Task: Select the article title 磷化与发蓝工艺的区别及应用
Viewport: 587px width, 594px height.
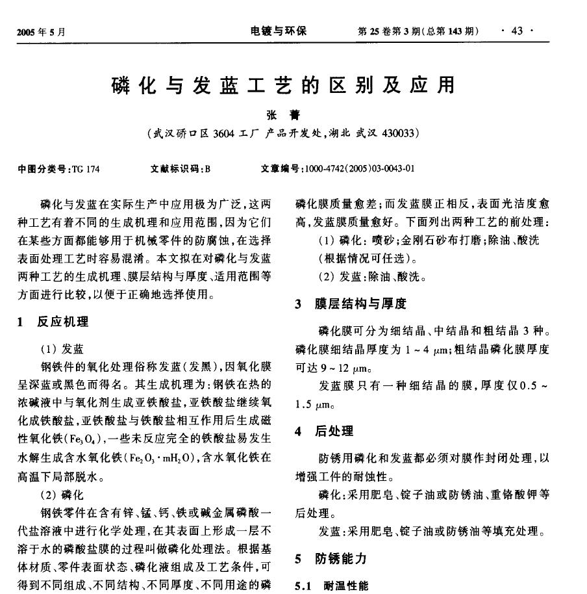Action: coord(283,86)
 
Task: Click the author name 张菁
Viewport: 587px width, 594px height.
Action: coord(283,115)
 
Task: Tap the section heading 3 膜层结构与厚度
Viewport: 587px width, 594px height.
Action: coord(350,303)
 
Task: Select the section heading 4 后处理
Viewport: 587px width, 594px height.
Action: coord(324,431)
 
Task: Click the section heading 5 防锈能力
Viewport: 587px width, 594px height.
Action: coord(331,558)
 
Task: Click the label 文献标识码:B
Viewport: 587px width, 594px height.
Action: coord(180,170)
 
